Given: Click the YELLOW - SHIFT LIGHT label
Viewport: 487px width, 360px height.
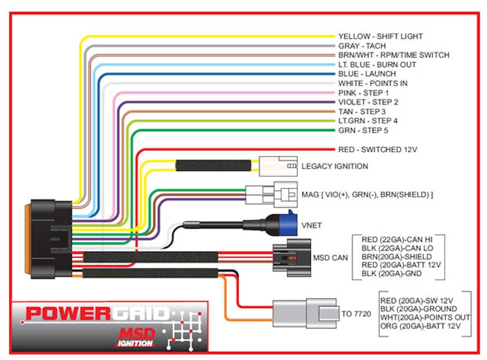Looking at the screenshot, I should pyautogui.click(x=380, y=36).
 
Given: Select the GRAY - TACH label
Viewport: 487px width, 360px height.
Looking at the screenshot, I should pyautogui.click(x=362, y=46).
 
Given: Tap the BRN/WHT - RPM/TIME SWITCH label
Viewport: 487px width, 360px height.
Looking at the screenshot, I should pyautogui.click(x=394, y=55).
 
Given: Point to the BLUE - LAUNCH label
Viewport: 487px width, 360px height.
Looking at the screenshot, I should pyautogui.click(x=367, y=74).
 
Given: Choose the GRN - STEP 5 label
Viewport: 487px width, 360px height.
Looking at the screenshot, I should pyautogui.click(x=363, y=131).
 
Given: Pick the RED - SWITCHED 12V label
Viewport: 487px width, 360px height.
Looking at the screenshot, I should pyautogui.click(x=377, y=150).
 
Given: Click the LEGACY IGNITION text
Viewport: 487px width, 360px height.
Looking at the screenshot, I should pyautogui.click(x=335, y=166).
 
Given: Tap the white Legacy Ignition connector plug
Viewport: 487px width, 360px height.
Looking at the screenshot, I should pyautogui.click(x=278, y=166).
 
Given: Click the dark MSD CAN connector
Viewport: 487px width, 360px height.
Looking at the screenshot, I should pyautogui.click(x=292, y=257).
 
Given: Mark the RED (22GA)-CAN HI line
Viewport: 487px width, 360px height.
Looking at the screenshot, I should pyautogui.click(x=398, y=240).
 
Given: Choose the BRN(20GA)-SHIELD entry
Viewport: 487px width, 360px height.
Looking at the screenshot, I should pyautogui.click(x=396, y=257).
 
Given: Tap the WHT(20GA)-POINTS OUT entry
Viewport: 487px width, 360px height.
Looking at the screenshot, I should pyautogui.click(x=425, y=317).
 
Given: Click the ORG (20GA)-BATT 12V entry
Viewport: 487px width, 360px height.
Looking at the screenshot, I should pyautogui.click(x=420, y=326).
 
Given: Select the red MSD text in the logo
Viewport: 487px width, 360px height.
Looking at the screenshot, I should pyautogui.click(x=137, y=334).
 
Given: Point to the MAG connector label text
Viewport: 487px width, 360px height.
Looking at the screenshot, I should pyautogui.click(x=367, y=195).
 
